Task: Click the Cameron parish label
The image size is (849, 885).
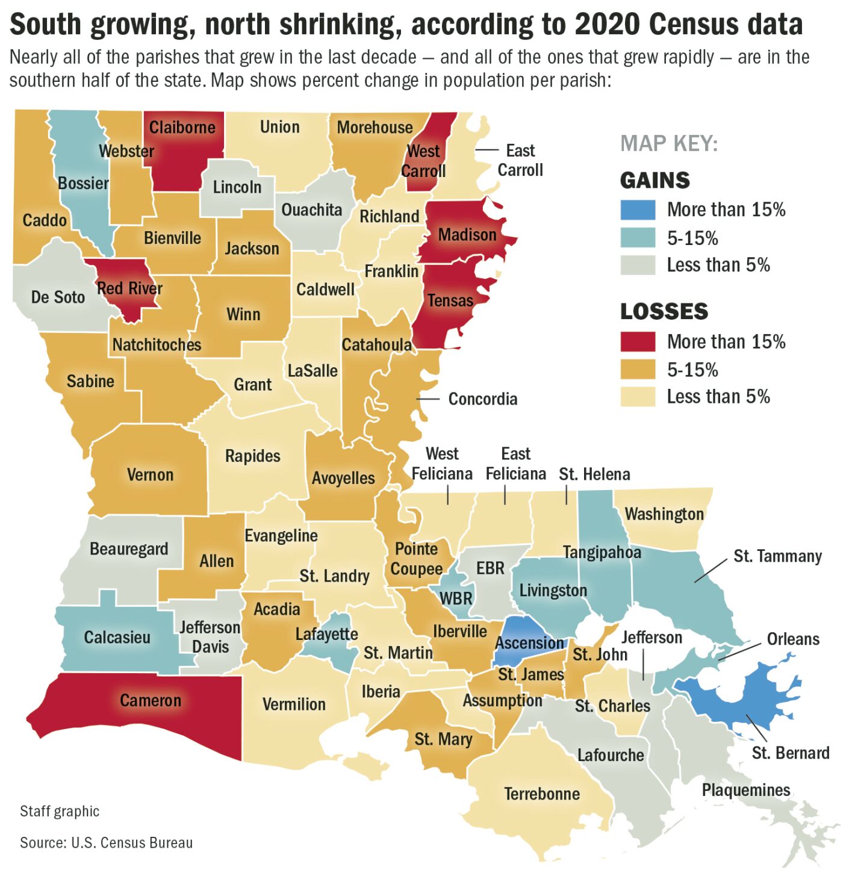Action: coord(150,700)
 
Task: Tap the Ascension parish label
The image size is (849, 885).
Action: coord(529,643)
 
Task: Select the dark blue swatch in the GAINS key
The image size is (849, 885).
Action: coord(638,210)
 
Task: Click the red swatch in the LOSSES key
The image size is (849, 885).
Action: coord(638,341)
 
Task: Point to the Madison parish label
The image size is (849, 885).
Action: coord(467,235)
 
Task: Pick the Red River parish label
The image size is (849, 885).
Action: coord(129,288)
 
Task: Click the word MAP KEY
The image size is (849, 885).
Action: coord(669,144)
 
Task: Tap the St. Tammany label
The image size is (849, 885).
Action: coord(777,556)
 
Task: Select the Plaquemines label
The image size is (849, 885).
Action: coord(746,790)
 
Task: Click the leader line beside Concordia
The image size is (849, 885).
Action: coord(428,399)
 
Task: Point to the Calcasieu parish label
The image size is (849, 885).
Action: coord(117,637)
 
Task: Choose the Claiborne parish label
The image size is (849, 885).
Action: coord(182,128)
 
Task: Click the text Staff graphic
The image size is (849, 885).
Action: coord(60,811)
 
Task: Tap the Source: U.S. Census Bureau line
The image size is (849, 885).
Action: coord(106,842)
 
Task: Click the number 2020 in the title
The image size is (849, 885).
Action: coord(608,25)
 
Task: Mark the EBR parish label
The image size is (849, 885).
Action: coord(490,568)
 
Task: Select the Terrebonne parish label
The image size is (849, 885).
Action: coord(542,793)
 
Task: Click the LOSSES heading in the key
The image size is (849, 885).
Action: coord(664,311)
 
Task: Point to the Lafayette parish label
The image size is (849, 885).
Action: coord(326,634)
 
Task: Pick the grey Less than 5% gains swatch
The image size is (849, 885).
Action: coord(638,265)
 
